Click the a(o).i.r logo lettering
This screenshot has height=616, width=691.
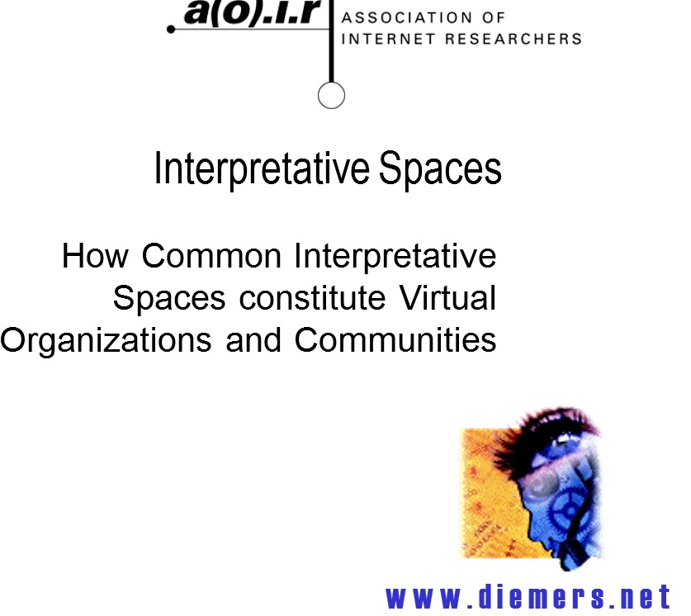click(251, 12)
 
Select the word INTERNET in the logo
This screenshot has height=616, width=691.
click(389, 39)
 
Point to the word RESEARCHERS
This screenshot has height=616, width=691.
click(514, 39)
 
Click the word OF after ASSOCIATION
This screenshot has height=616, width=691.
click(494, 17)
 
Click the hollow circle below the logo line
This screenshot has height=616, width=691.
click(331, 95)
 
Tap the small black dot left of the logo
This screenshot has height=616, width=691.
click(171, 30)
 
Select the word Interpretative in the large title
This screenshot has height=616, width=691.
click(262, 168)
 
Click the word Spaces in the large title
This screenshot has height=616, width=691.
click(440, 168)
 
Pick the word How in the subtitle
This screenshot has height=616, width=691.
click(95, 256)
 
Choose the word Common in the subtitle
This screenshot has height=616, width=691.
click(211, 256)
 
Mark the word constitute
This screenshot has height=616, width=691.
click(312, 298)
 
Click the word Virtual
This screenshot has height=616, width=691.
click(447, 298)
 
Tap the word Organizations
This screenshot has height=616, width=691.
click(106, 341)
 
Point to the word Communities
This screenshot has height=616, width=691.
click(395, 340)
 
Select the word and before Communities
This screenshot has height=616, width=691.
click(253, 340)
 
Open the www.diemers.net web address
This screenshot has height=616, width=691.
click(528, 598)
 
